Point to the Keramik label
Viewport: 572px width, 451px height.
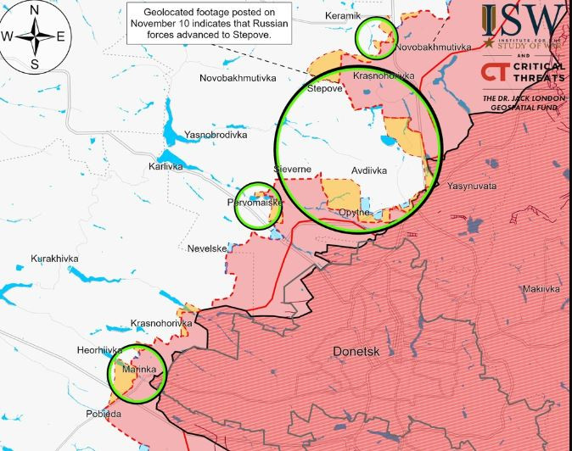tap(343, 16)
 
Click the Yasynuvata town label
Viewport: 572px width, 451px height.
tap(473, 186)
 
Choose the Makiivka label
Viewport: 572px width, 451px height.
tap(541, 289)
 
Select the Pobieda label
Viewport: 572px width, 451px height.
tap(104, 413)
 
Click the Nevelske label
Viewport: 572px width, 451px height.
tap(207, 248)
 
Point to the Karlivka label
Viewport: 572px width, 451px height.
tap(165, 166)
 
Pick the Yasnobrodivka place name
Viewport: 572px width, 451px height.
tap(216, 135)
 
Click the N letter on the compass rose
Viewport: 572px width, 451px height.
tap(34, 9)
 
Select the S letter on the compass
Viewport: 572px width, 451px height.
tap(34, 64)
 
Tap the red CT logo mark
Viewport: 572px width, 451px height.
tap(494, 72)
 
